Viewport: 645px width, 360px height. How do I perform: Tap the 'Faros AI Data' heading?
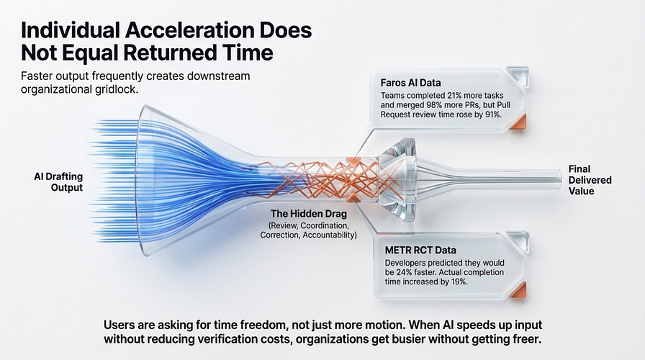point(410,83)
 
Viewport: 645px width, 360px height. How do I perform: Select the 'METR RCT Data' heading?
point(420,250)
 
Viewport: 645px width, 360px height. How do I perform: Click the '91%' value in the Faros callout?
point(493,114)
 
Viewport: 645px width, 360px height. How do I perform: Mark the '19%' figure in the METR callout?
point(459,282)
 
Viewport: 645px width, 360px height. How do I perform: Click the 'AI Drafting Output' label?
point(58,182)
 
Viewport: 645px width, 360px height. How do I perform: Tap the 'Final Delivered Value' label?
point(590,180)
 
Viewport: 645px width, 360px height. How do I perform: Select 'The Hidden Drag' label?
point(309,214)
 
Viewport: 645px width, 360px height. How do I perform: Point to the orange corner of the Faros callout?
point(518,122)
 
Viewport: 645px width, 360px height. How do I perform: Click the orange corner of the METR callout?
point(518,289)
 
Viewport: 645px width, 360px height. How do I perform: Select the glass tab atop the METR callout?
point(518,241)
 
